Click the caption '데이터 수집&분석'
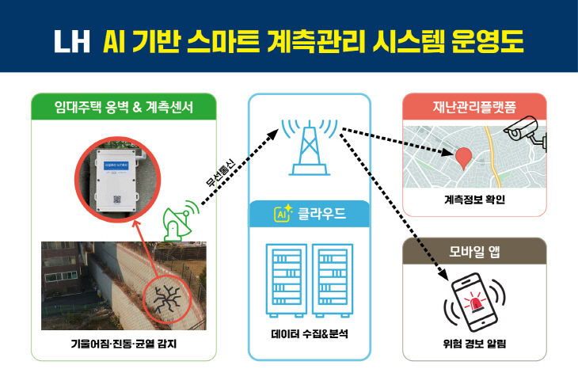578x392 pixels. point(309,333)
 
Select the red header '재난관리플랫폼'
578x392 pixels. point(474,106)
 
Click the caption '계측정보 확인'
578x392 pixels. point(474,199)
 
